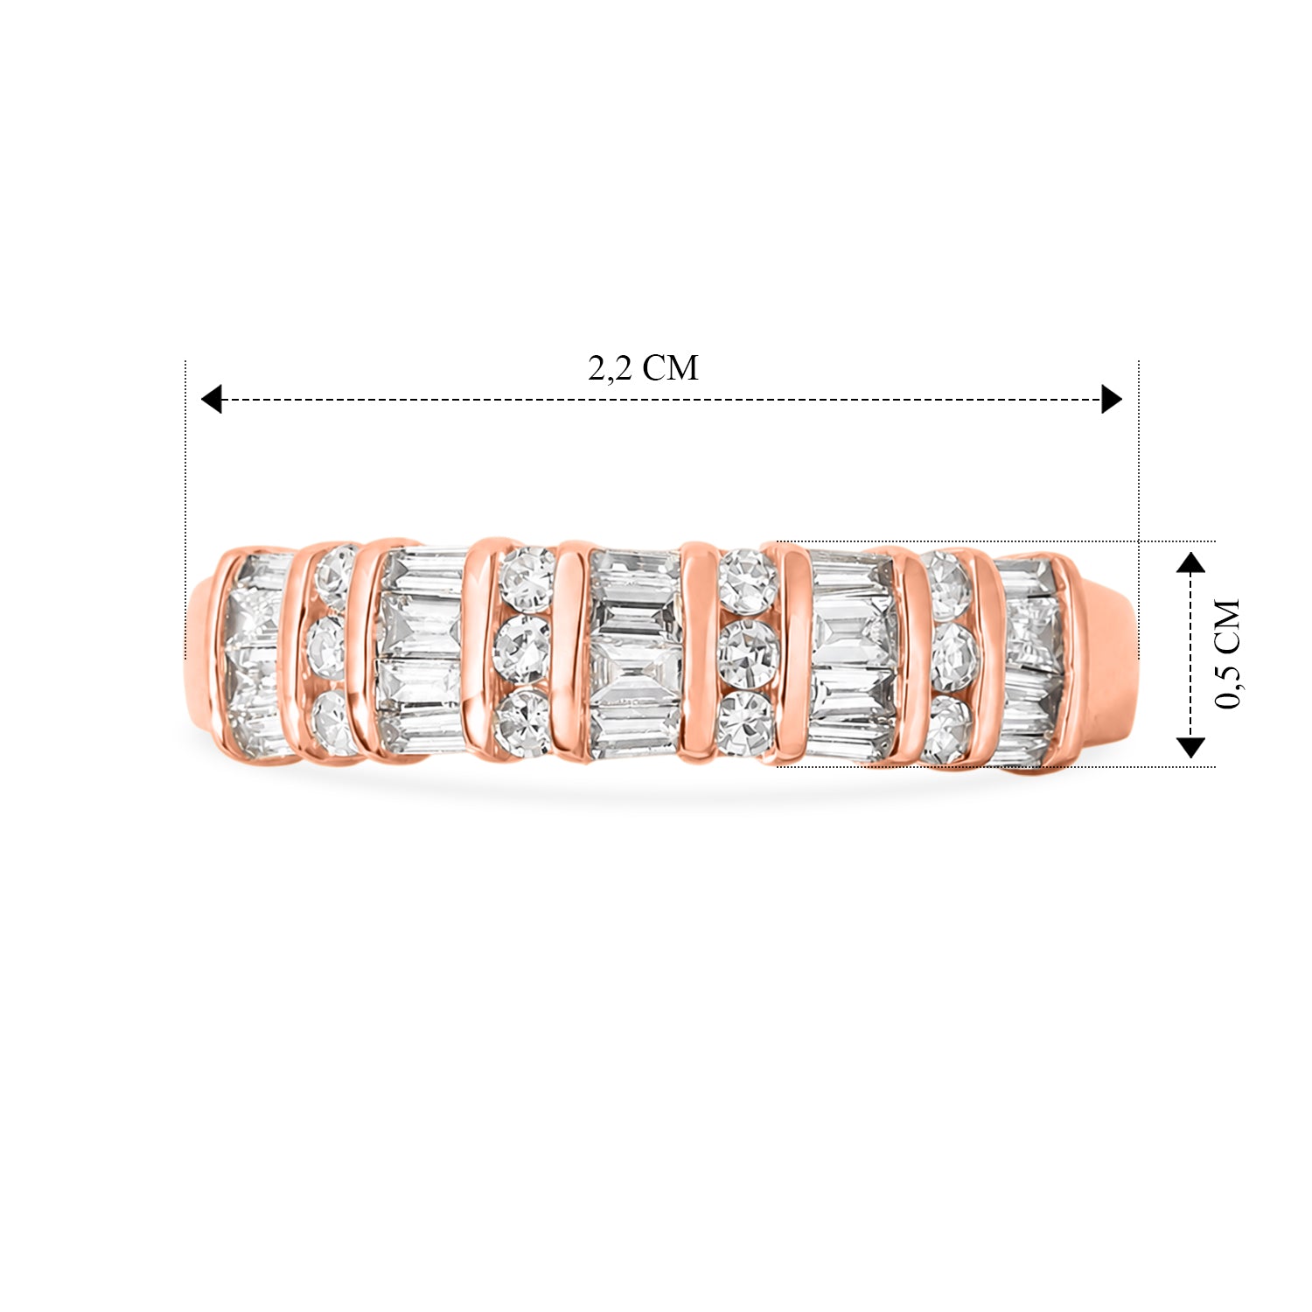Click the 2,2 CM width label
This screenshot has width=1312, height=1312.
pyautogui.click(x=643, y=368)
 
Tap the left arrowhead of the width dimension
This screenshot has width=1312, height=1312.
pyautogui.click(x=211, y=400)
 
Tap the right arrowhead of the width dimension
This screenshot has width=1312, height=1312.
pyautogui.click(x=1112, y=400)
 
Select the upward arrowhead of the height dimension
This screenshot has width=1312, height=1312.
pyautogui.click(x=1190, y=562)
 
